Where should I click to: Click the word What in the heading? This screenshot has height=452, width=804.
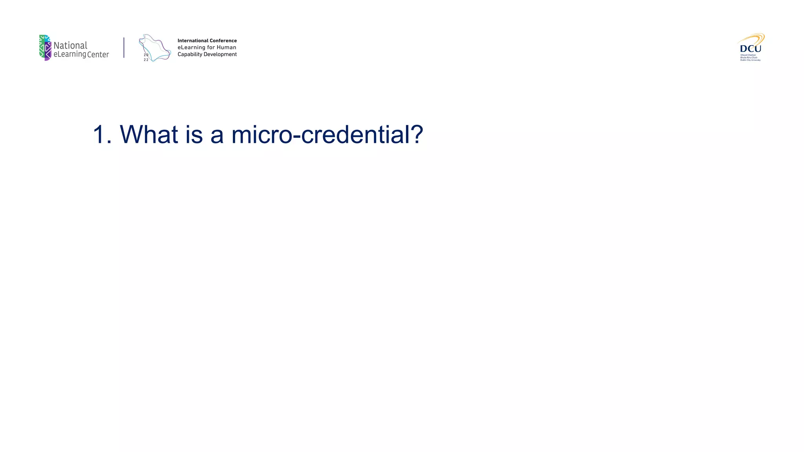tap(149, 134)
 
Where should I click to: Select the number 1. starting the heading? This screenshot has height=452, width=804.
tap(102, 134)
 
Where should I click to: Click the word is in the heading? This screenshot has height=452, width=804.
tap(194, 134)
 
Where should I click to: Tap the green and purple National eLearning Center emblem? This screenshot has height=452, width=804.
tap(45, 47)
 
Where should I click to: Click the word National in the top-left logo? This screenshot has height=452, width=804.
tap(70, 45)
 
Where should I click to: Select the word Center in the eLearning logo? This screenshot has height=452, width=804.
tap(98, 55)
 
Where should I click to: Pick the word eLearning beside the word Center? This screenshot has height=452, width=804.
tap(69, 55)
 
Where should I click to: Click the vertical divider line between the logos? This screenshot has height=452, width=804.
tap(124, 47)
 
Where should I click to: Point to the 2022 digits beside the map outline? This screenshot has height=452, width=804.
tap(146, 57)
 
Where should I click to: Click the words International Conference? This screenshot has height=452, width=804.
tap(207, 40)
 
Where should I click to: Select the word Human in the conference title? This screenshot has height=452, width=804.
tap(227, 47)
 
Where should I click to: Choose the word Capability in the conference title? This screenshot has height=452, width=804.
tap(190, 55)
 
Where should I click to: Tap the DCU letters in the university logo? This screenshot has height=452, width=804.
tap(750, 49)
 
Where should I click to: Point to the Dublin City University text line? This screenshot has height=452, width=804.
tap(750, 60)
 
